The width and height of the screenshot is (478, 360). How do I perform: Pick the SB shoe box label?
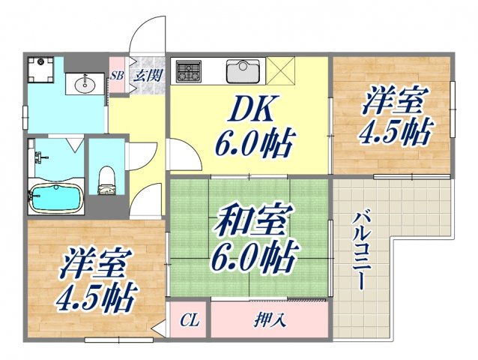click(117, 75)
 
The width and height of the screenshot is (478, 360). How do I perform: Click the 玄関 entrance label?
click(148, 75)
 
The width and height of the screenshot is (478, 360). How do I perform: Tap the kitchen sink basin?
click(242, 72)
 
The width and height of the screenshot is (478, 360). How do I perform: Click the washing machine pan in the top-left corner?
click(40, 70)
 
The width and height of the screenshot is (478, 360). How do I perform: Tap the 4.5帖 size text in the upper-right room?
click(395, 133)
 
